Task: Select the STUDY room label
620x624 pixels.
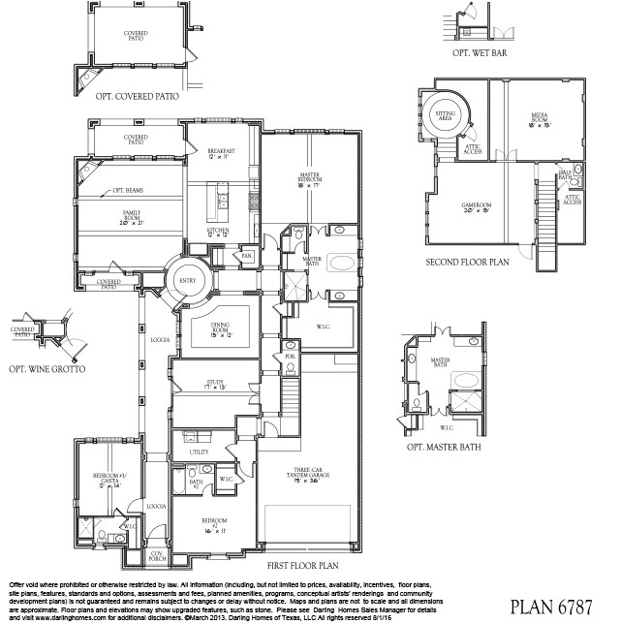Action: [x=214, y=385]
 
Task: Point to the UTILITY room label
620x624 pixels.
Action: [x=200, y=452]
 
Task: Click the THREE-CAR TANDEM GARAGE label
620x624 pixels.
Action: [x=312, y=476]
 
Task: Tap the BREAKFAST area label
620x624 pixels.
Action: [x=222, y=152]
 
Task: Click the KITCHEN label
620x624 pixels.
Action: [x=218, y=231]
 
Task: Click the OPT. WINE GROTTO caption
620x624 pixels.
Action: [x=45, y=370]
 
